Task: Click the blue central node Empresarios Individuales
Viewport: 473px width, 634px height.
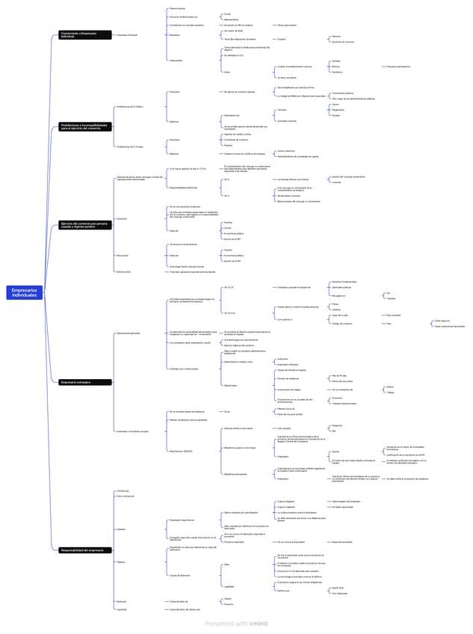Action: (25, 293)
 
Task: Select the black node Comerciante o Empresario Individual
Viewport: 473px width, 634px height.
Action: (84, 34)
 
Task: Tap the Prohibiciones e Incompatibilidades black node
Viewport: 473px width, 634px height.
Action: (84, 126)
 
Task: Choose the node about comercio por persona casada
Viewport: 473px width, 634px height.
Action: (84, 224)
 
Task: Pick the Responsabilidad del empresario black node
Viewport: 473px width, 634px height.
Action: (84, 550)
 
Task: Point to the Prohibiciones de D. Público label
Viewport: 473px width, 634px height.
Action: (129, 107)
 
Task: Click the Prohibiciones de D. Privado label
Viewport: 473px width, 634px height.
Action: (129, 147)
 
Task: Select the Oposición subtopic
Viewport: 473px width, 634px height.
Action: (122, 218)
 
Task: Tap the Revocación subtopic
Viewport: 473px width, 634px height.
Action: (123, 255)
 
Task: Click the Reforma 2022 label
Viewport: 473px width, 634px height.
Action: (123, 271)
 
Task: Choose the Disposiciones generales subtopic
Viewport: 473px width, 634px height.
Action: (129, 333)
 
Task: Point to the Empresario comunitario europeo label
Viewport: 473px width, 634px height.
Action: (132, 431)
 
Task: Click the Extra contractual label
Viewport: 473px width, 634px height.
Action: (125, 496)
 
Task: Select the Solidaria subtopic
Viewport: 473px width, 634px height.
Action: (121, 529)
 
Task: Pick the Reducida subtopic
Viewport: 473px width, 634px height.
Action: (121, 601)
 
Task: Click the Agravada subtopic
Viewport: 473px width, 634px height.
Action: (121, 609)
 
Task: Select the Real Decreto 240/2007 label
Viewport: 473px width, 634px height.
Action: (181, 451)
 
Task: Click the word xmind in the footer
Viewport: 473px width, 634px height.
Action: (259, 623)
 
